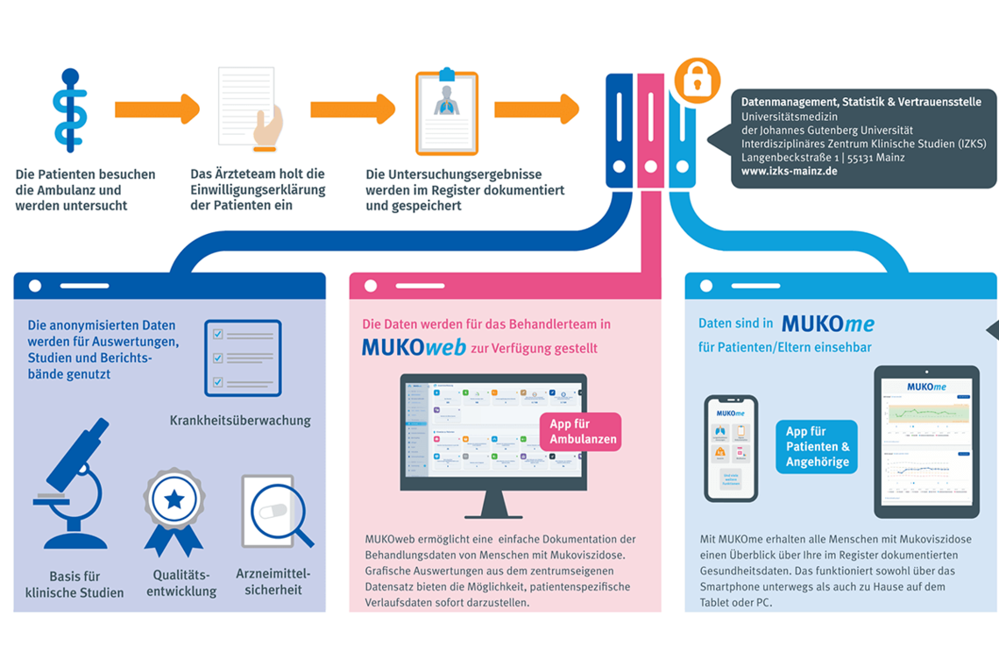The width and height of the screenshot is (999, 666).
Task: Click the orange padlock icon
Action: click(x=697, y=81)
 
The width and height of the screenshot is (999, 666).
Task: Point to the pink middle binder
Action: click(x=650, y=131)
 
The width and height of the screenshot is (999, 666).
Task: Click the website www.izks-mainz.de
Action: click(x=789, y=171)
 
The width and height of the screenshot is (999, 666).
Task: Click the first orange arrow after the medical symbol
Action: click(x=157, y=110)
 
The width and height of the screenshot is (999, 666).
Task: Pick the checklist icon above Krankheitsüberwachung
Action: click(x=243, y=358)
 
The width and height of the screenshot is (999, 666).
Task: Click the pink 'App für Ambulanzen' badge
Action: click(x=580, y=431)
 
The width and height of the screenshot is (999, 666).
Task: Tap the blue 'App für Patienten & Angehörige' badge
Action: click(x=816, y=447)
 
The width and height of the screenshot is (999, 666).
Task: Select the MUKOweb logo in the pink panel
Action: click(x=414, y=348)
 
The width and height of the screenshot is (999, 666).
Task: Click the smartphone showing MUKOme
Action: click(x=730, y=447)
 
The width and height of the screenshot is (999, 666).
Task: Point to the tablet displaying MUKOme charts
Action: click(x=925, y=442)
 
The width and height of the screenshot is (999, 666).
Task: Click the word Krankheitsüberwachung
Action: click(x=239, y=421)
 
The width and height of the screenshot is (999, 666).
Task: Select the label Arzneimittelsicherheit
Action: click(x=273, y=582)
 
